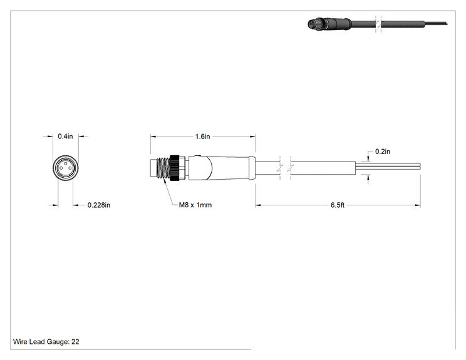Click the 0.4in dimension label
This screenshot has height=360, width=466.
tap(65, 136)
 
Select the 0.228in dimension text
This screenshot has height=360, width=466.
tap(99, 205)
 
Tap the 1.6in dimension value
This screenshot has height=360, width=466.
tap(202, 136)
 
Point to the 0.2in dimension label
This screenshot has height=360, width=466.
tap(383, 152)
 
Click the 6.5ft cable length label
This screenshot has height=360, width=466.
tap(338, 205)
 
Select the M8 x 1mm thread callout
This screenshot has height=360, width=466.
tap(195, 205)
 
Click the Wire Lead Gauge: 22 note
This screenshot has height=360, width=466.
tap(46, 342)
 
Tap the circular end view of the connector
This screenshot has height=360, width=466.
tap(66, 168)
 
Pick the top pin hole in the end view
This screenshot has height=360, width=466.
tap(66, 163)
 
